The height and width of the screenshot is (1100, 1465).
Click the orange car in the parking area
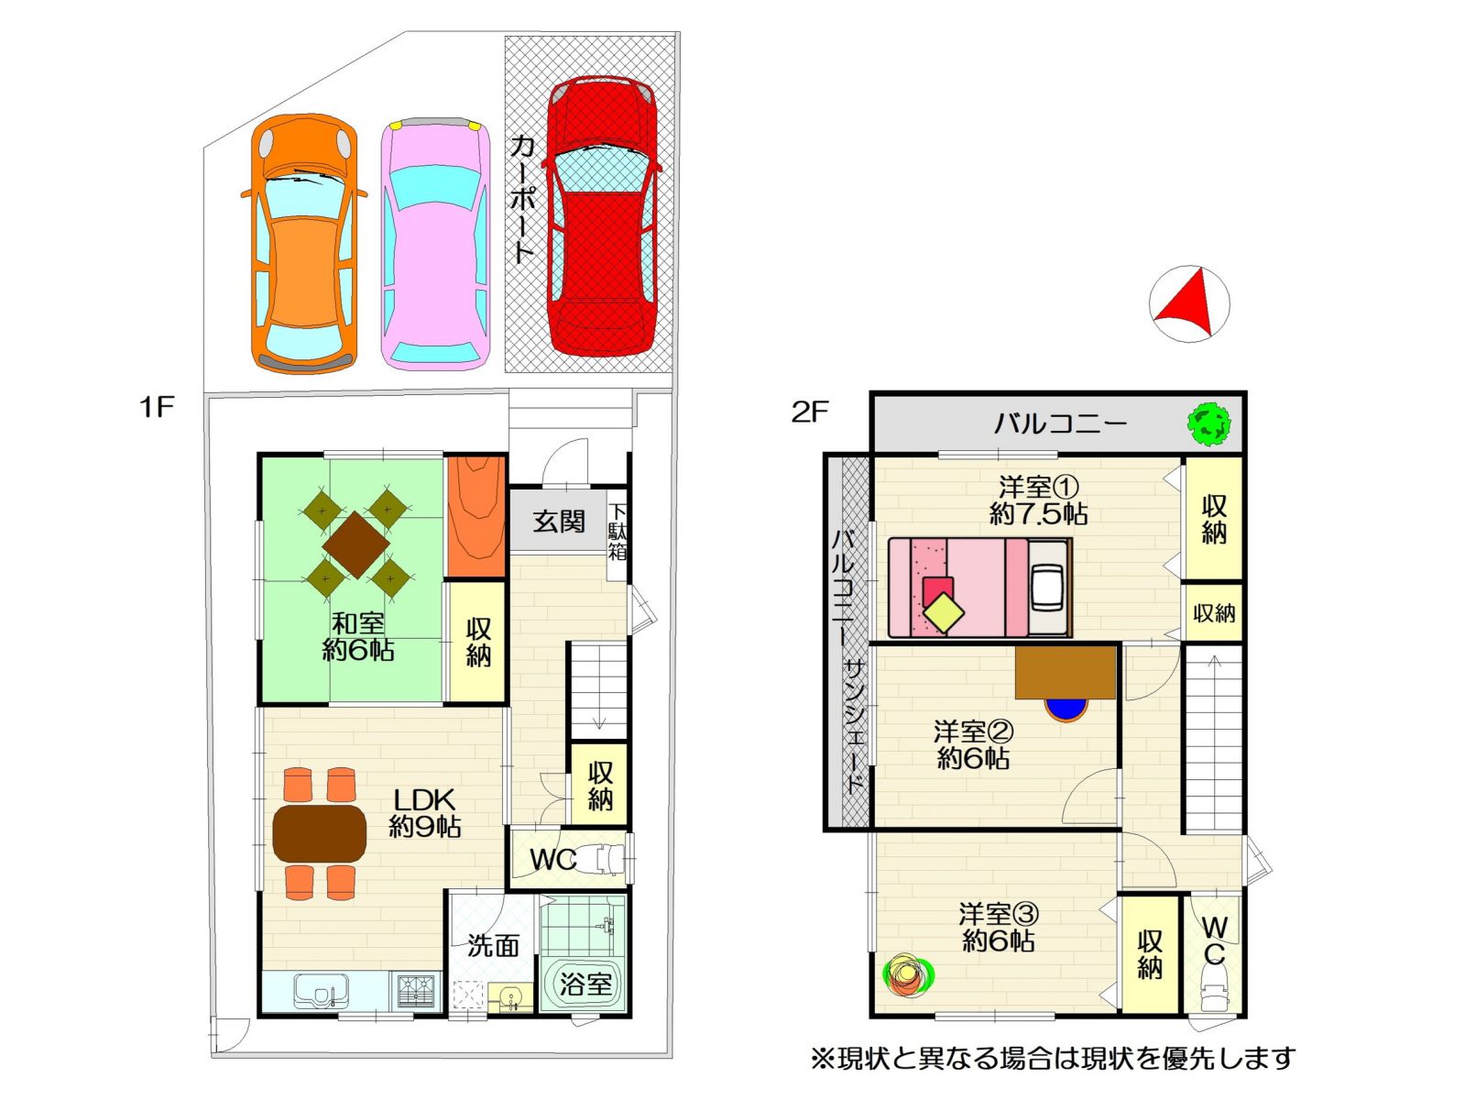(x=303, y=243)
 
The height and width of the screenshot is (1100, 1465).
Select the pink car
(x=435, y=245)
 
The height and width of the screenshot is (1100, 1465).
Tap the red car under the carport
(x=602, y=214)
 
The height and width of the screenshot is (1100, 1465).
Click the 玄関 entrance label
(x=559, y=522)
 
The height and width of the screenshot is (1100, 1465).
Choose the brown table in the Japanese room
(x=355, y=544)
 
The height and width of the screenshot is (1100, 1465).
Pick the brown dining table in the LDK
(x=320, y=833)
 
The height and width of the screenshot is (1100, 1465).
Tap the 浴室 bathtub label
(x=585, y=984)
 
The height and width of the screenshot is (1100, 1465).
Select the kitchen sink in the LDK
(x=322, y=991)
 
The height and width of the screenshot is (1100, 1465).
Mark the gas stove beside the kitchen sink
(x=417, y=991)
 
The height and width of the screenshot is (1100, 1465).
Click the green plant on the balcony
(x=1208, y=423)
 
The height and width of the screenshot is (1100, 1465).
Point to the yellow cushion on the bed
(x=945, y=612)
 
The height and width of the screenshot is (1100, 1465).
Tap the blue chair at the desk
(x=1066, y=709)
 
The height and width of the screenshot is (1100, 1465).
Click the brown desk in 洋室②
(x=1066, y=672)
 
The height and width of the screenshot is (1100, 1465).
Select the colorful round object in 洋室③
(x=908, y=975)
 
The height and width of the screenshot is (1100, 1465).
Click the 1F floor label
(x=157, y=406)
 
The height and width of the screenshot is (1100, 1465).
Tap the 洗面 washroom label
(x=493, y=945)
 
